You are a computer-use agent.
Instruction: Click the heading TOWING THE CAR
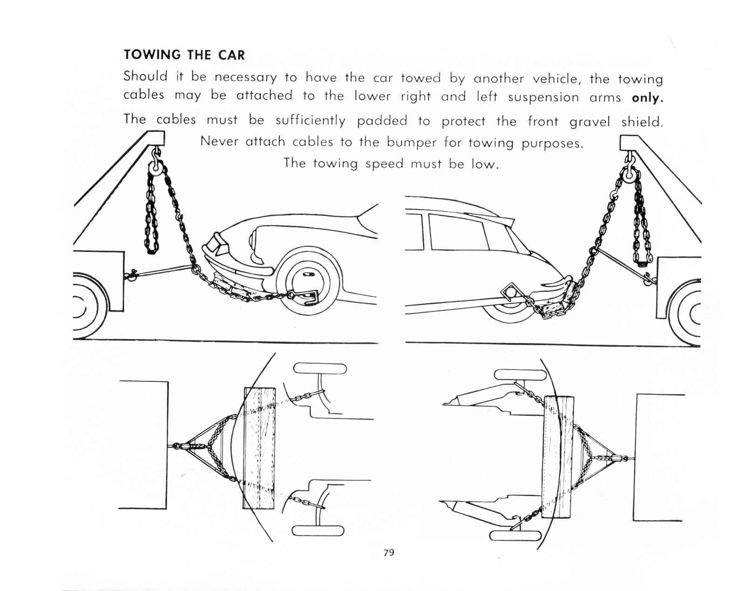pos(184,55)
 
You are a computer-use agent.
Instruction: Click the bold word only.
pos(647,98)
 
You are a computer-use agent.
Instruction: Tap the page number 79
pos(389,552)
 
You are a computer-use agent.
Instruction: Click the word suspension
pos(543,97)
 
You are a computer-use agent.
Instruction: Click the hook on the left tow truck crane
pos(156,153)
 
